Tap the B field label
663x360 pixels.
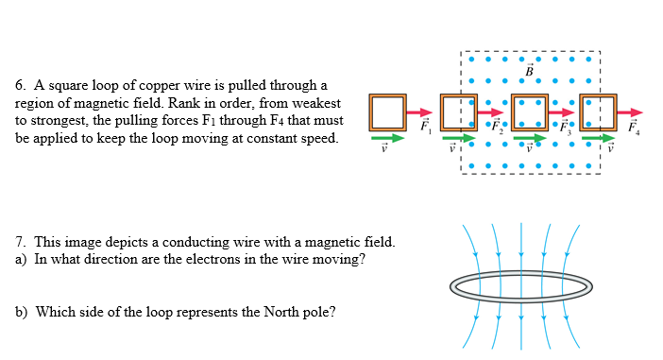[x=530, y=70]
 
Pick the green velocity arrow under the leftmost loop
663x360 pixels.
[x=385, y=138]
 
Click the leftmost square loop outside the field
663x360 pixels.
[x=387, y=112]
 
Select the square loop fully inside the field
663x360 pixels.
[x=529, y=112]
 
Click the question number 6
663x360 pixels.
[x=20, y=86]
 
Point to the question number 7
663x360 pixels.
[x=20, y=242]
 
